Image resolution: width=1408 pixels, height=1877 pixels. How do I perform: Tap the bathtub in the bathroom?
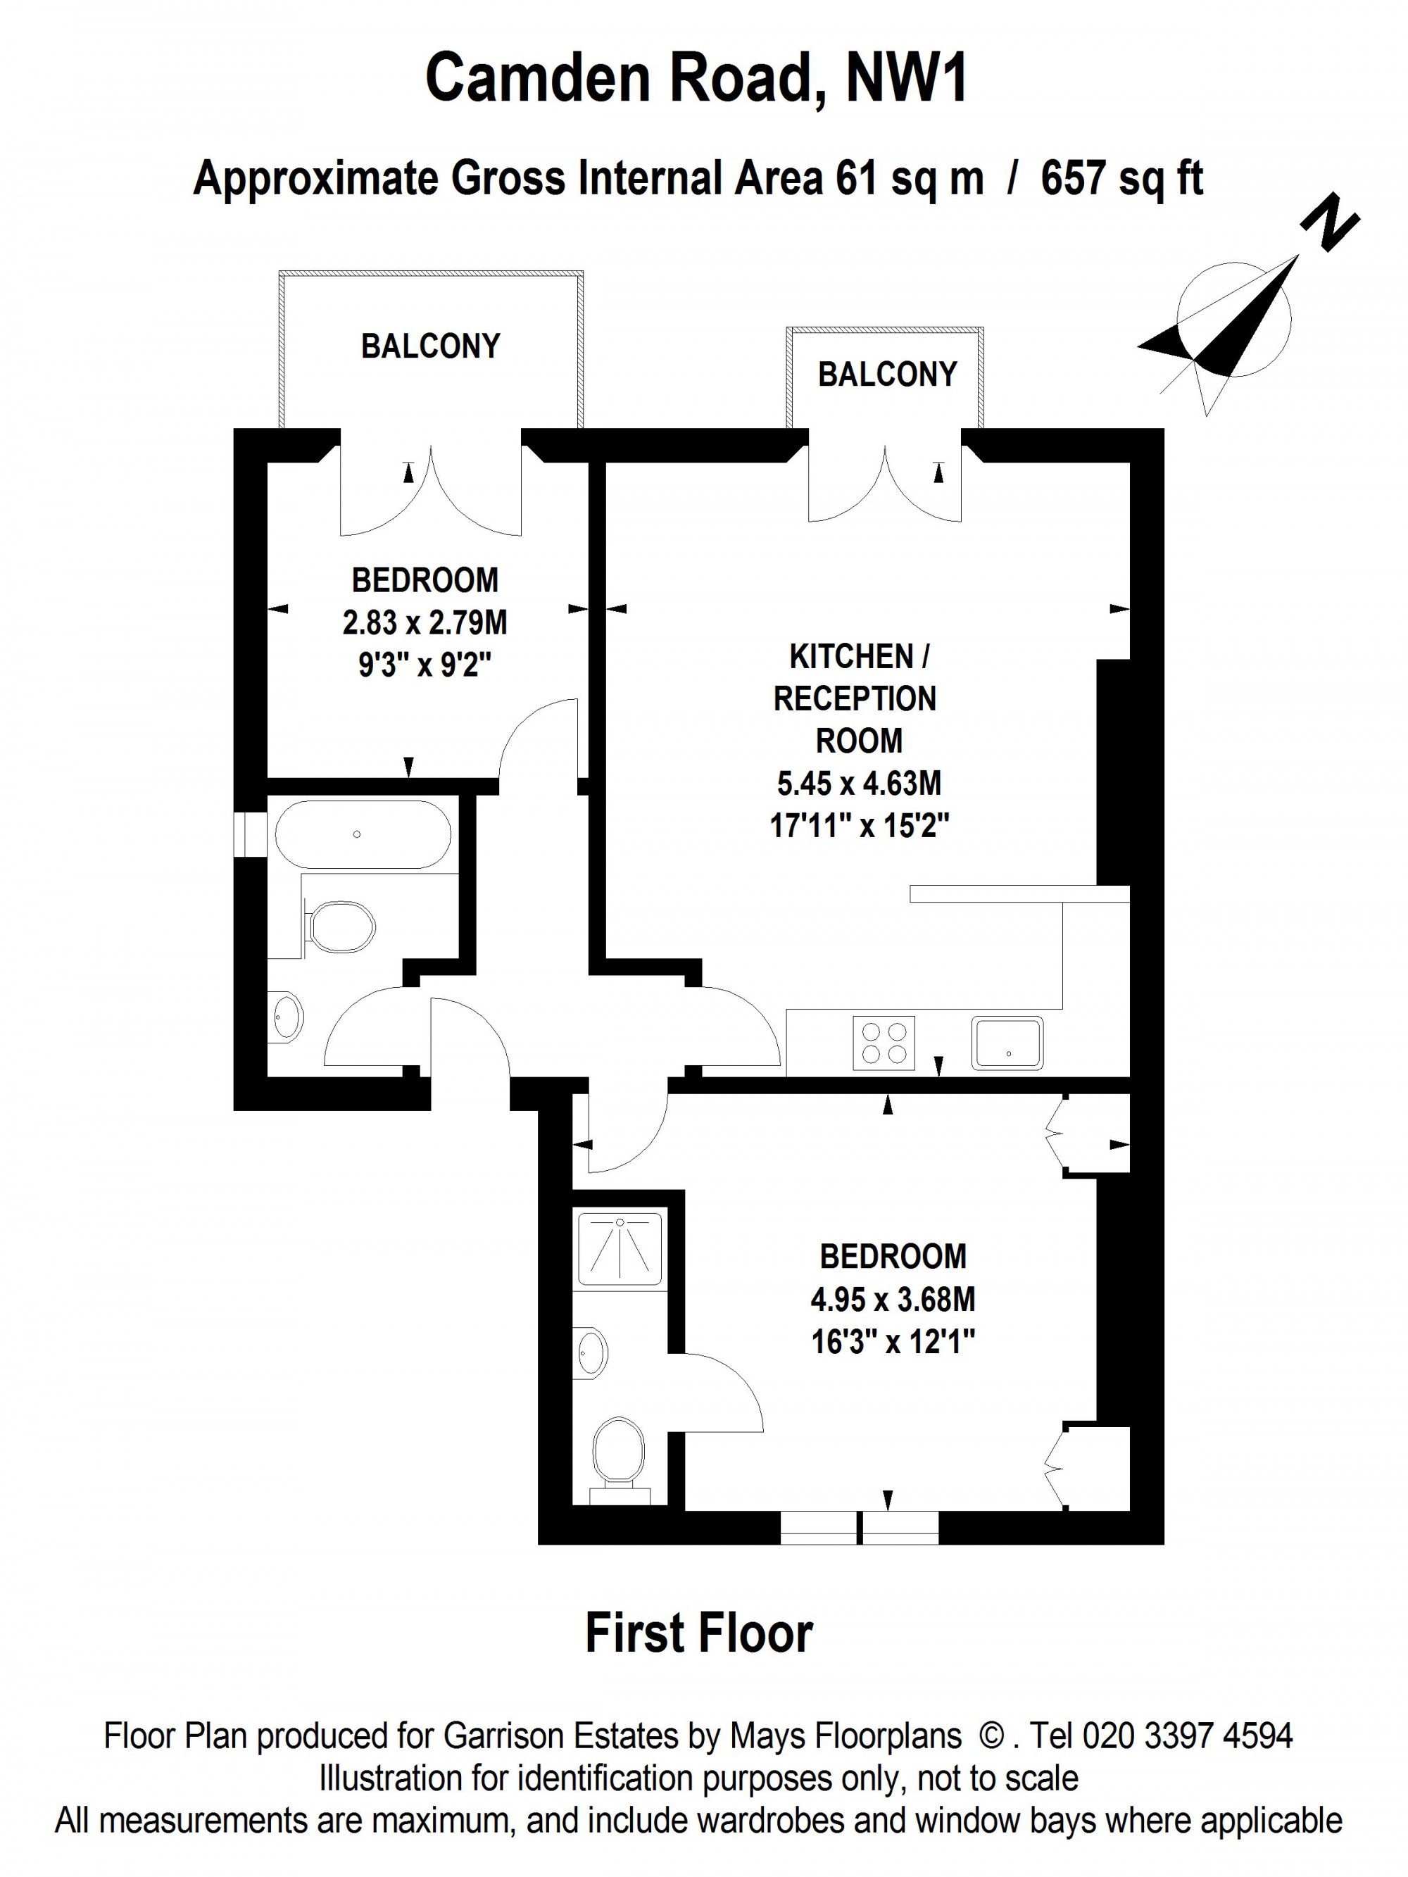363,834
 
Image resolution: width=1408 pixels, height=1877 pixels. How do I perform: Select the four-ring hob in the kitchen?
884,1042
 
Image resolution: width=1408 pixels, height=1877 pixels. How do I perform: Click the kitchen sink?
1008,1042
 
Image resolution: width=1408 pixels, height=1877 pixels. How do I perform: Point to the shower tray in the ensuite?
620,1248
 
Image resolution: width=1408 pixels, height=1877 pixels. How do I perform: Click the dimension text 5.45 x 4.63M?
859,782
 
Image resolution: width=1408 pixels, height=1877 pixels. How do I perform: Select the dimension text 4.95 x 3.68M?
893,1299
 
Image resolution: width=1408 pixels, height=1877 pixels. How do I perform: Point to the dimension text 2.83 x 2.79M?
425,623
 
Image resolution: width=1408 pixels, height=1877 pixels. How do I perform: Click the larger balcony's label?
430,346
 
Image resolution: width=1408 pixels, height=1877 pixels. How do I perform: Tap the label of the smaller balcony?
887,375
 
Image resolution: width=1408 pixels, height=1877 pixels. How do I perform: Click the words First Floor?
699,1633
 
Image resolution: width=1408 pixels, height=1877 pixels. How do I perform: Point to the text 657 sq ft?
1122,178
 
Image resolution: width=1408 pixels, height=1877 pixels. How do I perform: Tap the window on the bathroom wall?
251,835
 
